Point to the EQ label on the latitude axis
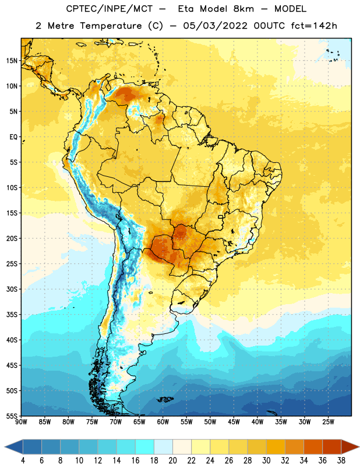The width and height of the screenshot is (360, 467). (13, 137)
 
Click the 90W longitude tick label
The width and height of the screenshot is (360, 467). (21, 422)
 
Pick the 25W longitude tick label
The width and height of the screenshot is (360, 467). (328, 422)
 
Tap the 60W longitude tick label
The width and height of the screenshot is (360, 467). (163, 422)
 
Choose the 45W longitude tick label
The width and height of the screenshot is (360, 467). (234, 422)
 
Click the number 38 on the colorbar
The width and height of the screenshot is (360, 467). (341, 461)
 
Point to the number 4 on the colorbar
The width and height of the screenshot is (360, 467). (23, 461)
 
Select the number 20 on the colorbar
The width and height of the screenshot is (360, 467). (172, 461)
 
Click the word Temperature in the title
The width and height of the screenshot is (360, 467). (111, 26)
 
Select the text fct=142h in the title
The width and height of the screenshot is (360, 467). (314, 26)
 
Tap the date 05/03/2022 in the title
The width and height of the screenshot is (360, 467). (215, 26)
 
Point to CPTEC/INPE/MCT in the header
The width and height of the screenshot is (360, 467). (110, 9)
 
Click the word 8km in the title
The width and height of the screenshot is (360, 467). (243, 9)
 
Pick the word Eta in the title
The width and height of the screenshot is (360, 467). (186, 9)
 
